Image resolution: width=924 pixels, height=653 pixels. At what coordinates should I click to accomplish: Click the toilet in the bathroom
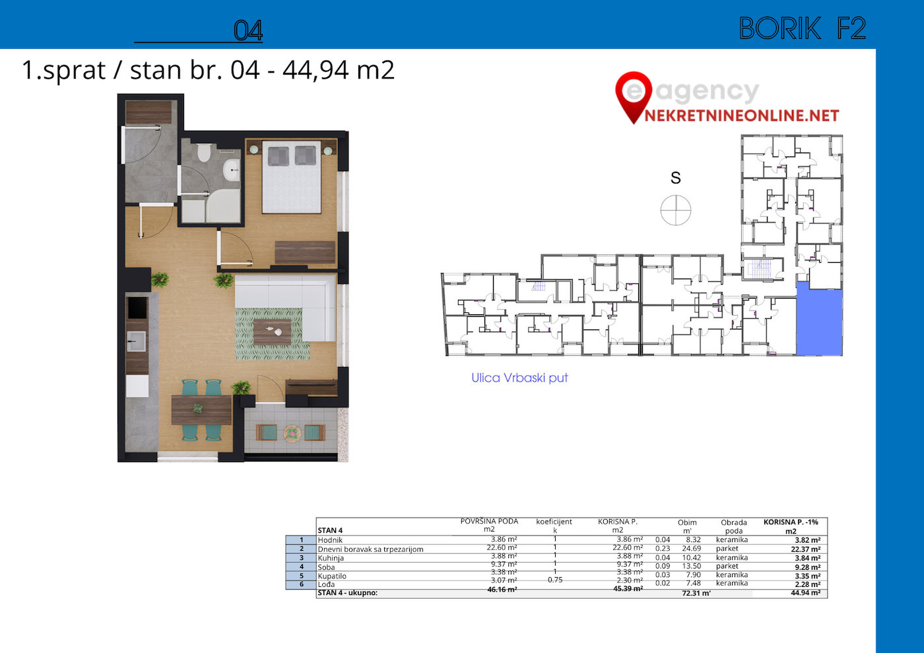204,153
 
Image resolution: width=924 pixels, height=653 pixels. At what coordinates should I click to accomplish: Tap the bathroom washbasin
232,170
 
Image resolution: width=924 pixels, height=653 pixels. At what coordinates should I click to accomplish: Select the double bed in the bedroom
291,177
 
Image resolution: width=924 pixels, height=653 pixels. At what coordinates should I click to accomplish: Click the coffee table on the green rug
272,331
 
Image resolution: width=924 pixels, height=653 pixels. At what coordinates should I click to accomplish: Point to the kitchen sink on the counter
136,341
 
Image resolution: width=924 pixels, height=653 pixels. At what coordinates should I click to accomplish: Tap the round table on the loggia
292,433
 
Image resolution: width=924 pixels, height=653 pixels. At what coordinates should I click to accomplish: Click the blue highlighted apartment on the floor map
819,318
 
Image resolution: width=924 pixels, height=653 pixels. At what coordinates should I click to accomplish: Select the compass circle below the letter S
676,210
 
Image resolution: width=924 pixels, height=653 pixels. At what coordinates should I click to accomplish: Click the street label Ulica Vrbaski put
519,378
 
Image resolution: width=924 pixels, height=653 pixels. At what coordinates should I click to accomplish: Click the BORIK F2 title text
802,28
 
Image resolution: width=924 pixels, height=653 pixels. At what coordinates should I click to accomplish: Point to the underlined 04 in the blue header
248,30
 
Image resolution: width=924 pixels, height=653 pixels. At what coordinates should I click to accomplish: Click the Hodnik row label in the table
330,540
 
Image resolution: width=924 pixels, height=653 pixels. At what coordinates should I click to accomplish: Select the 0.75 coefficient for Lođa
555,580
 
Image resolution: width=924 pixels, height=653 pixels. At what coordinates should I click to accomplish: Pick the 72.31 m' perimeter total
696,594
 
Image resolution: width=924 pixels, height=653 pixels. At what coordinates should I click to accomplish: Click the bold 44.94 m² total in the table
806,593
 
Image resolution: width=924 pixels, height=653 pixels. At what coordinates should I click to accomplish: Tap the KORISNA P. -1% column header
791,526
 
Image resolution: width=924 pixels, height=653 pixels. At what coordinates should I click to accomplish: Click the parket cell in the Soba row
727,566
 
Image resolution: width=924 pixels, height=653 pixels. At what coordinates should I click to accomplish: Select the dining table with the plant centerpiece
201,410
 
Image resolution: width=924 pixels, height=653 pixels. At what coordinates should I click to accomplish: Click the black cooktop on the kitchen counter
137,308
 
